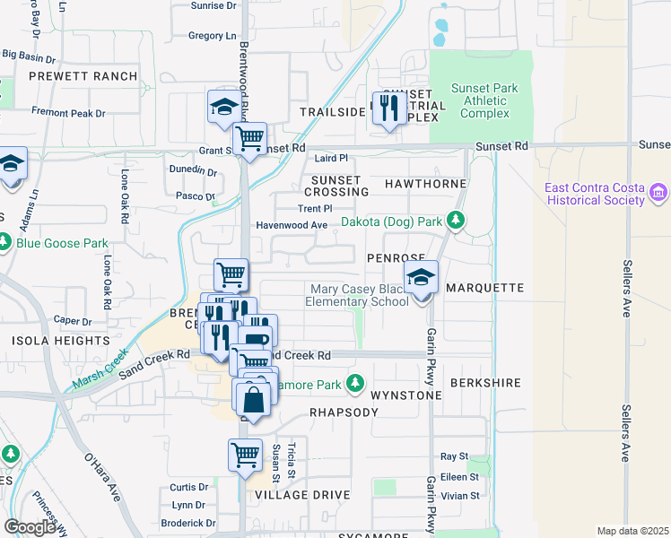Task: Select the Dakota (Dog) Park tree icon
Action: coord(457,220)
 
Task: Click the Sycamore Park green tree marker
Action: coord(355,383)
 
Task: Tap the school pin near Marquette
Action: coord(421,278)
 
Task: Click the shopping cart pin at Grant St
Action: coord(249,139)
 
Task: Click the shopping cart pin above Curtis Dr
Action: coord(245,455)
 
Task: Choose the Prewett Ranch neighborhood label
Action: coord(83,77)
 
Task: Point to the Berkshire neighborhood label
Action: coord(485,383)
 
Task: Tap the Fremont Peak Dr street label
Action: coord(68,114)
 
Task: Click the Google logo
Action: coord(30,526)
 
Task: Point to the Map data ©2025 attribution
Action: coord(632,531)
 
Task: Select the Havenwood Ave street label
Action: coord(292,225)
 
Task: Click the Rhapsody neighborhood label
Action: coord(338,412)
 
